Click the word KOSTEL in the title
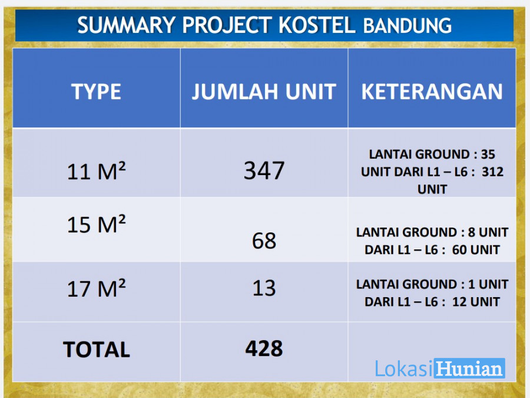point(317,25)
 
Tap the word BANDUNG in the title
point(408,26)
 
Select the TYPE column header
point(96,91)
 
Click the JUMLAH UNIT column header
point(264,91)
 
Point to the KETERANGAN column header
point(432,91)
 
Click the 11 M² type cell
point(97,170)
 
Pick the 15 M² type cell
point(97,223)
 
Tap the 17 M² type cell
point(97,288)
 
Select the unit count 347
point(264,170)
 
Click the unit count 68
point(264,241)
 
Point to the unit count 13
point(264,288)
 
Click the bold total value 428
point(264,348)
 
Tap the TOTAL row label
point(97,349)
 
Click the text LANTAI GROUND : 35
point(432,154)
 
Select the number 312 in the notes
point(492,172)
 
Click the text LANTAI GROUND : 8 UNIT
point(432,232)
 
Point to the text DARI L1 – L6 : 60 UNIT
point(432,250)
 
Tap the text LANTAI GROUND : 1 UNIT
point(432,284)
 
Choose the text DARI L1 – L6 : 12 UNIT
point(432,302)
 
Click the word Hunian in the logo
point(469,368)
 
